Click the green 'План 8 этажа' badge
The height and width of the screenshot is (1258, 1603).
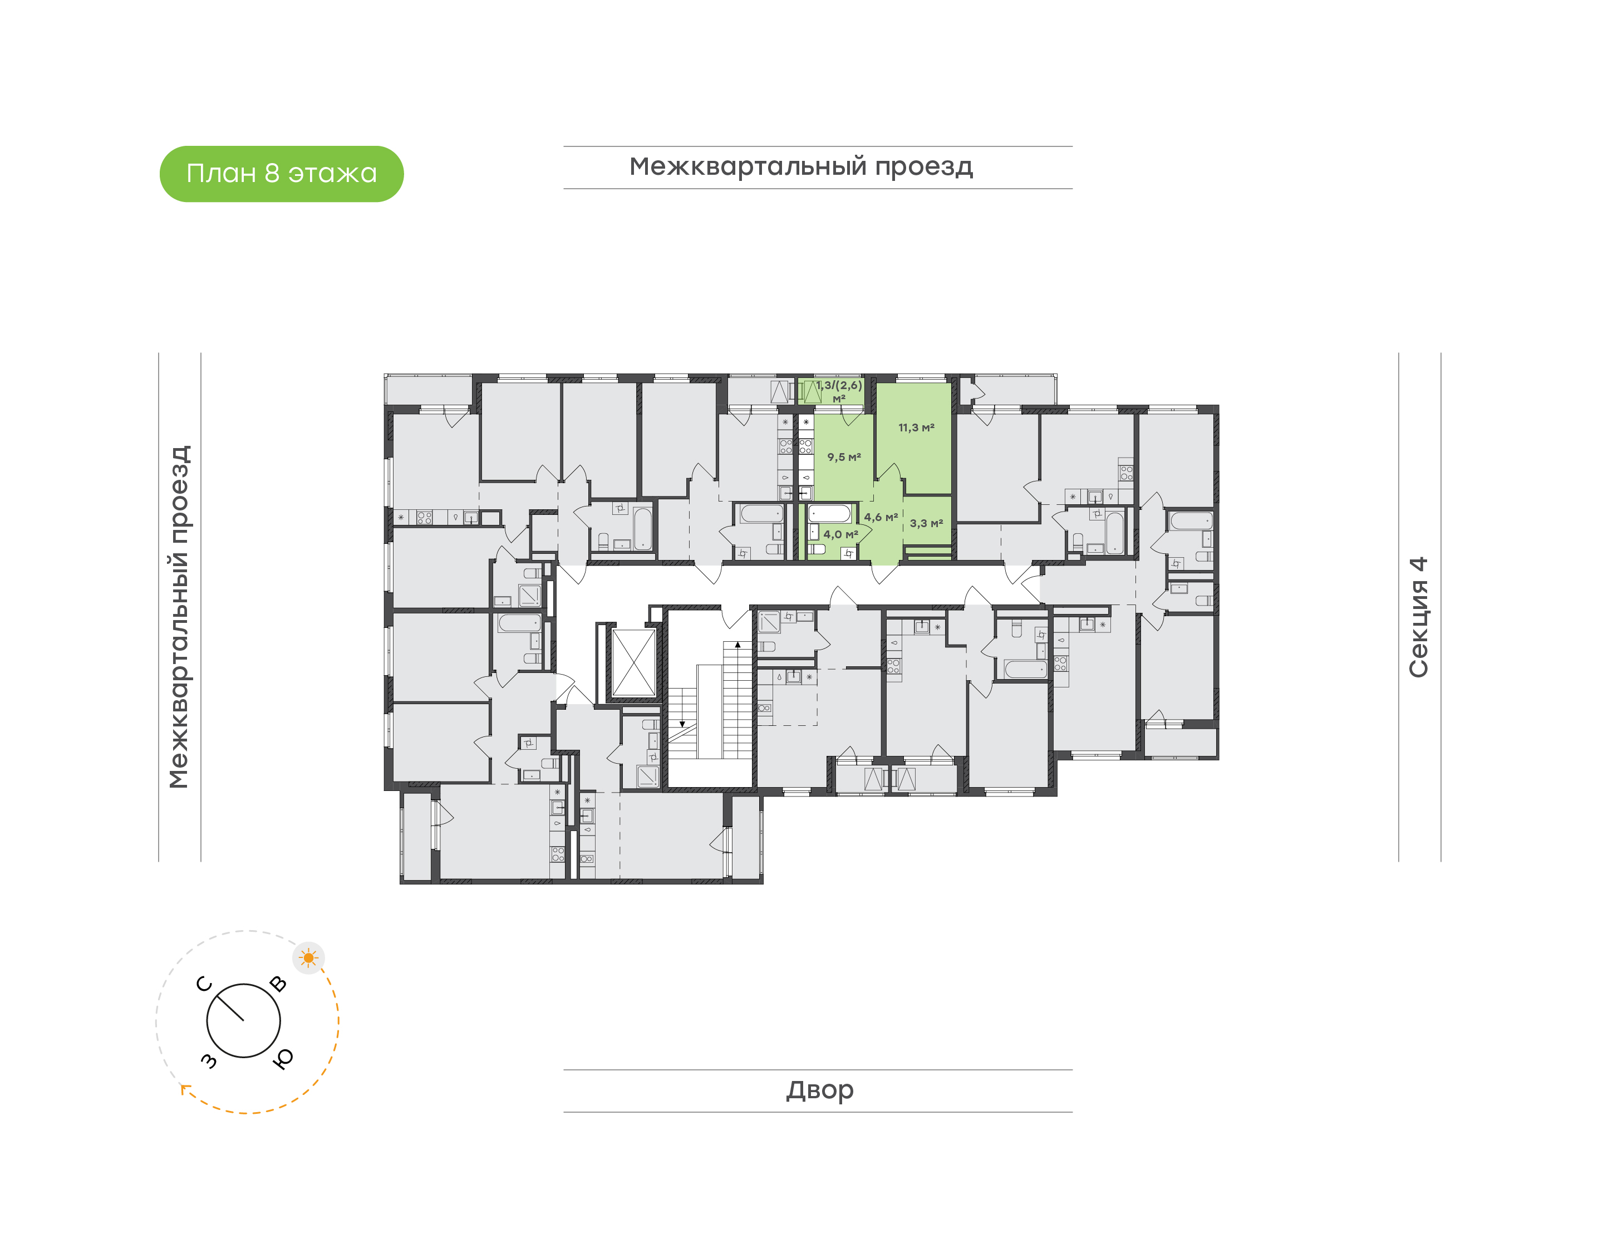[x=281, y=174]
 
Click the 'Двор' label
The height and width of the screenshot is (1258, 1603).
[x=819, y=1090]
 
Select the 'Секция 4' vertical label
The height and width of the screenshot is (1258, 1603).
[x=1418, y=617]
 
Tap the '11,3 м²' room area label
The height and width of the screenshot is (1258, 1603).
[x=916, y=427]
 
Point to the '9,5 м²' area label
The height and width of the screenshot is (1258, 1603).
[x=844, y=456]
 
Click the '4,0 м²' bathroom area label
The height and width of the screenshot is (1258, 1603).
[x=840, y=534]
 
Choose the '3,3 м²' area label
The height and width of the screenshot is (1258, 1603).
[x=926, y=523]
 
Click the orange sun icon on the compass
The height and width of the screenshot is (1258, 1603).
[x=308, y=958]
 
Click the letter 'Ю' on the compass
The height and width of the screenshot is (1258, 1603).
[x=283, y=1058]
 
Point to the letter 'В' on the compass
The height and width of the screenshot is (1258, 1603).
[x=278, y=983]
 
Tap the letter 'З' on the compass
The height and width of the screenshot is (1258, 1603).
[x=209, y=1060]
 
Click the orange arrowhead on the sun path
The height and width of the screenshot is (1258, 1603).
[x=184, y=1089]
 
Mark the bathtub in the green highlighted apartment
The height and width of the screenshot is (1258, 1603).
[x=829, y=513]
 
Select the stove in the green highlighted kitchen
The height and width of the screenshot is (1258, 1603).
[x=805, y=446]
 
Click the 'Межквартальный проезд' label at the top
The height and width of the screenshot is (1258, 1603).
[x=801, y=167]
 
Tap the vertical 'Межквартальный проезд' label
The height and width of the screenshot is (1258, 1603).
[x=179, y=617]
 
